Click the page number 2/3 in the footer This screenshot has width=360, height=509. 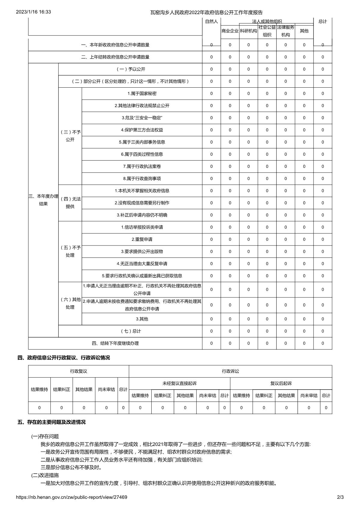click(340, 497)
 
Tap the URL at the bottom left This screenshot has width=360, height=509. click(71, 497)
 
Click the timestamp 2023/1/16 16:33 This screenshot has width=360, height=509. click(33, 12)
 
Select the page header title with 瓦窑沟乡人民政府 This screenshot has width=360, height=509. click(207, 12)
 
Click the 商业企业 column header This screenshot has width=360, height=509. click(230, 31)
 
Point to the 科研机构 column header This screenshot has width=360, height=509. click(248, 31)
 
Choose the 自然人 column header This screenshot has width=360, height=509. click(211, 22)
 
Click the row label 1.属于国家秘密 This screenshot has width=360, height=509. click(142, 94)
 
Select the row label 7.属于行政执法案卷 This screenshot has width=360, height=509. click(142, 167)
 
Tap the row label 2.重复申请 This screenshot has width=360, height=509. click(142, 239)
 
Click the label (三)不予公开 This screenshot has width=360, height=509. click(70, 136)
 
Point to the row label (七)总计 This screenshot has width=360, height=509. click(131, 331)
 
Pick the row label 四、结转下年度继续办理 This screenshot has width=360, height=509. click(115, 343)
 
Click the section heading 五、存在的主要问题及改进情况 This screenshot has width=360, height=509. click(52, 422)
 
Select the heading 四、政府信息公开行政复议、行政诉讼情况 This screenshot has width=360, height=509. click(64, 358)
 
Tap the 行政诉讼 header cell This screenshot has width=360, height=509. click(230, 371)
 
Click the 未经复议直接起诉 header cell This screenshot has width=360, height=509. click(180, 384)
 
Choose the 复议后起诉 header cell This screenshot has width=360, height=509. click(281, 384)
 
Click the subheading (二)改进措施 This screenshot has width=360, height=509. click(45, 475)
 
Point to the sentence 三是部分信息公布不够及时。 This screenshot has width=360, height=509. click(71, 468)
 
